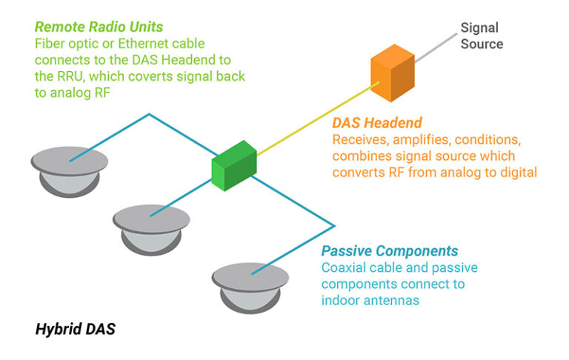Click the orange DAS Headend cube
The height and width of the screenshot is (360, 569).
tap(392, 73)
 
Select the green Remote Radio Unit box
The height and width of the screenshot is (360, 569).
tap(233, 164)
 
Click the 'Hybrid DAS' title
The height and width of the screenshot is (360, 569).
tap(76, 329)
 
